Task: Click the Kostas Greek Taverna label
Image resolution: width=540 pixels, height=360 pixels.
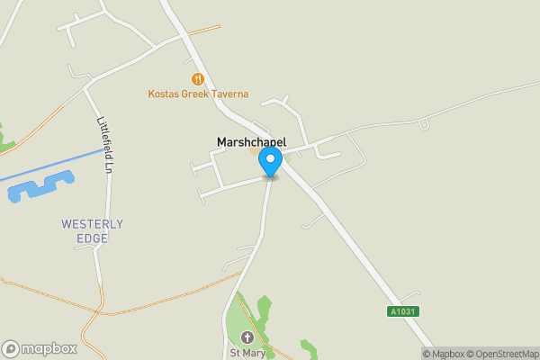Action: (198, 94)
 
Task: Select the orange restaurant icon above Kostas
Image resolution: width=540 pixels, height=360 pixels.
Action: (198, 79)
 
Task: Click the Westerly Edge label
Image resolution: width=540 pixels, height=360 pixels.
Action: (92, 230)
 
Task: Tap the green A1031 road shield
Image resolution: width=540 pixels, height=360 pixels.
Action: (404, 311)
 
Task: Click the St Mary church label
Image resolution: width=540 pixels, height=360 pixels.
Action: (247, 351)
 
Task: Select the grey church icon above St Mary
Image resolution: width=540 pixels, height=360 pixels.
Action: (247, 337)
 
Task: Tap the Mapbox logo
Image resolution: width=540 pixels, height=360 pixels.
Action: (40, 348)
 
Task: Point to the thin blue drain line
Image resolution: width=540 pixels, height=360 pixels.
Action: (54, 164)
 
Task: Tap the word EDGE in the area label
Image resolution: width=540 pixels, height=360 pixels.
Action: (92, 238)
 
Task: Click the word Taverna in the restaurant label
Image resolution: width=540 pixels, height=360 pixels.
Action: (229, 94)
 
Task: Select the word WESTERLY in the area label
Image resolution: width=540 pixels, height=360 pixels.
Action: (92, 223)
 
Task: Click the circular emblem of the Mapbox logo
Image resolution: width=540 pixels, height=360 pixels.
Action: (11, 348)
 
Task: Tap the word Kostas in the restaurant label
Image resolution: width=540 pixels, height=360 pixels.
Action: (165, 94)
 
